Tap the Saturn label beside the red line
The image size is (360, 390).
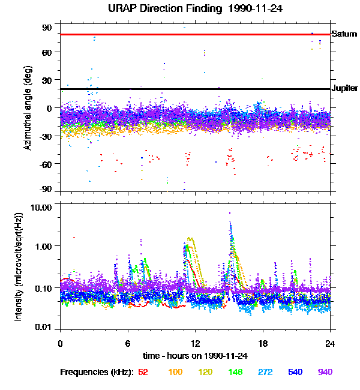(x=344, y=34)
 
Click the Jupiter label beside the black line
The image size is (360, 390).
(x=345, y=88)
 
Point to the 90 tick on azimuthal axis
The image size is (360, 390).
(x=47, y=28)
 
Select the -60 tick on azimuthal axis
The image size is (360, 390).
(x=45, y=164)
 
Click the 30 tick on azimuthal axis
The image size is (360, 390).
(x=47, y=80)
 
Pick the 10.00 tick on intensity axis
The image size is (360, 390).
(x=41, y=208)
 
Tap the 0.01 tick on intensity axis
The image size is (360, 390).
(x=43, y=327)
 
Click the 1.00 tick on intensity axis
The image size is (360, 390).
(x=43, y=247)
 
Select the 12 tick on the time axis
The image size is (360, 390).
(x=196, y=343)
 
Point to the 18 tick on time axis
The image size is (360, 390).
(x=263, y=343)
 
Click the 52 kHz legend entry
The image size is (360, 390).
(x=143, y=372)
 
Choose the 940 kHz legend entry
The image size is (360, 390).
(x=325, y=372)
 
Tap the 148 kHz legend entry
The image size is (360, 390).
(x=235, y=372)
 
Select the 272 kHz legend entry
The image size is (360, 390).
(x=265, y=372)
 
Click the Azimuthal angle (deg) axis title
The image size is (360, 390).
(x=28, y=108)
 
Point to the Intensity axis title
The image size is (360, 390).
(x=19, y=266)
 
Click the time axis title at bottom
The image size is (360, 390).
(x=196, y=356)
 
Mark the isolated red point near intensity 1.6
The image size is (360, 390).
(x=74, y=237)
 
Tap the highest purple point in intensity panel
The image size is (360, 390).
(x=230, y=213)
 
